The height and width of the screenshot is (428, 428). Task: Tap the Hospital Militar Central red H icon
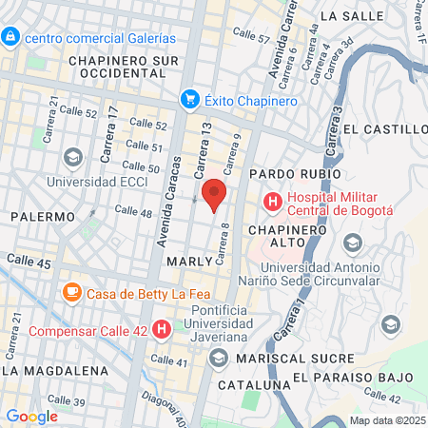pos(273,202)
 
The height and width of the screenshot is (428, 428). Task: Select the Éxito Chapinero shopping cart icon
pos(190,99)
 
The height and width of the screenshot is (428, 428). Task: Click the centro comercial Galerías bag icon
pos(10,37)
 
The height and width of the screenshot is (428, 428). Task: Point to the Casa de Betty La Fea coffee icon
pos(71,293)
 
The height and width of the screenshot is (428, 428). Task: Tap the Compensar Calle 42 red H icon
pos(162,330)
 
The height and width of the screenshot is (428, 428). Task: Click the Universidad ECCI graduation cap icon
pos(71,156)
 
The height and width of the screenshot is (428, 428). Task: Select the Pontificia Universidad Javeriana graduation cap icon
pos(219,358)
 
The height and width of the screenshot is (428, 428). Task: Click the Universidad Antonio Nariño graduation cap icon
pos(352,243)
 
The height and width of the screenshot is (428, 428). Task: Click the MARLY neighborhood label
pos(187,260)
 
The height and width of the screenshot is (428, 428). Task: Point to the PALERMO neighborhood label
pos(43,217)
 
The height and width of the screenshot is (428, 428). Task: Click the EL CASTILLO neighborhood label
pos(385,129)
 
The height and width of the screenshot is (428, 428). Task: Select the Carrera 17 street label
pos(112,125)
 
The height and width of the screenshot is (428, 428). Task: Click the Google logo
pos(31,416)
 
